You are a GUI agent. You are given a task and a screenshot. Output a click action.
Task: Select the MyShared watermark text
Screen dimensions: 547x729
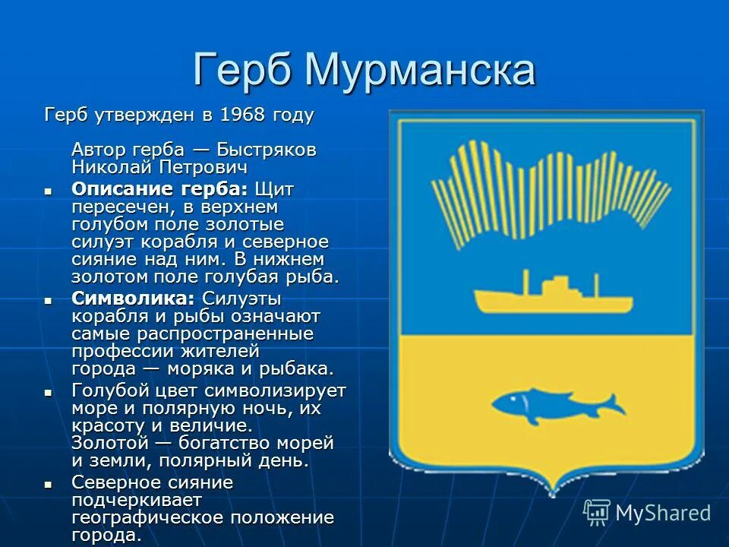coord(662,513)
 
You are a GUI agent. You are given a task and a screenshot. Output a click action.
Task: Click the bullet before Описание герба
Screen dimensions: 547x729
coord(49,190)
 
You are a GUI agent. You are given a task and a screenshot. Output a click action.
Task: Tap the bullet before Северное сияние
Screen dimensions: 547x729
coord(49,484)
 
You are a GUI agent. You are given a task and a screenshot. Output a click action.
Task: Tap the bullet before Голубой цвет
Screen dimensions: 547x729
coord(49,392)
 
